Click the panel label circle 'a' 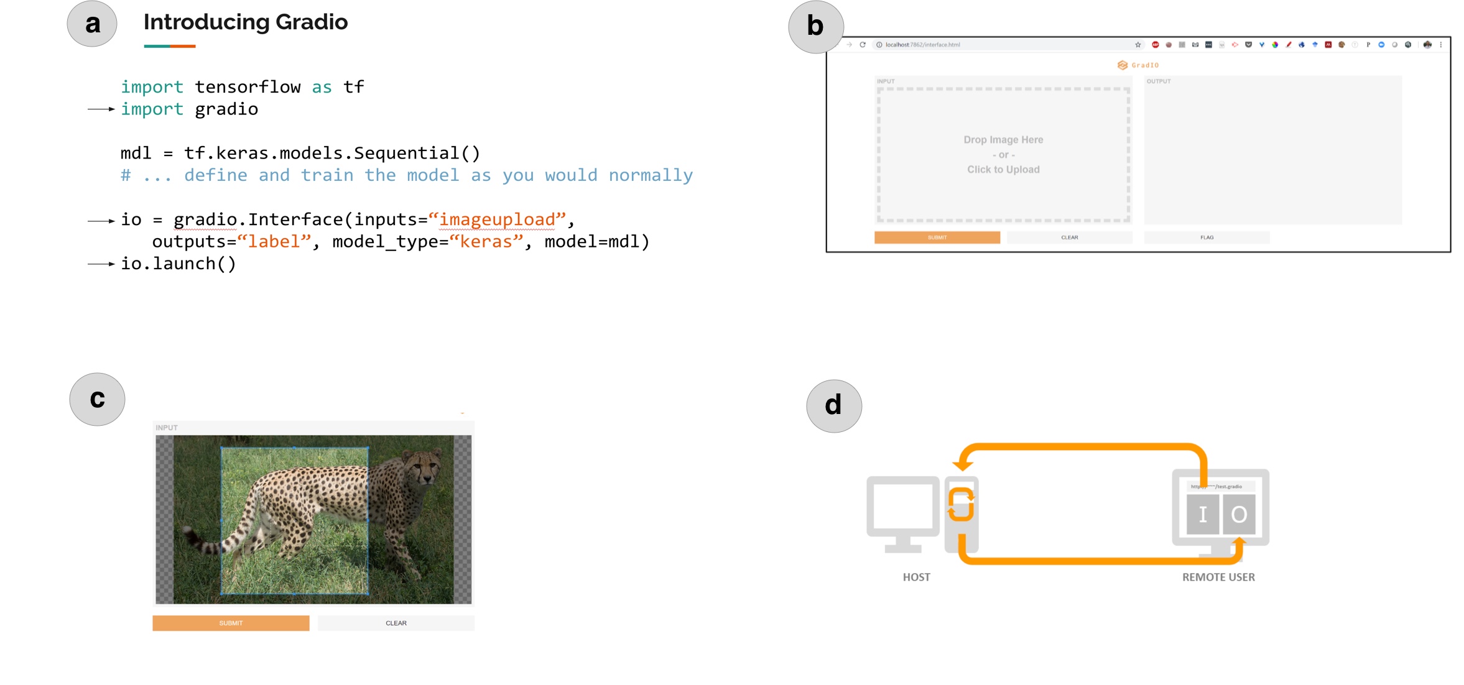92,24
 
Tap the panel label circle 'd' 833,406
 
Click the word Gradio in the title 311,22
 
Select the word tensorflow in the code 248,87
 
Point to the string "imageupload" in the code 497,219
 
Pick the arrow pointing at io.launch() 101,264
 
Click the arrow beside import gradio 101,109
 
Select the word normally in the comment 651,175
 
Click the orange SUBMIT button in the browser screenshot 937,237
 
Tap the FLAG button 1207,237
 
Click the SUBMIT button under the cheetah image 231,623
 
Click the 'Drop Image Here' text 1003,140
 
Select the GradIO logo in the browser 1137,65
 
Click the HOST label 916,577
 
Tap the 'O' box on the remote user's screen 1238,514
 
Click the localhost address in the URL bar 922,45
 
